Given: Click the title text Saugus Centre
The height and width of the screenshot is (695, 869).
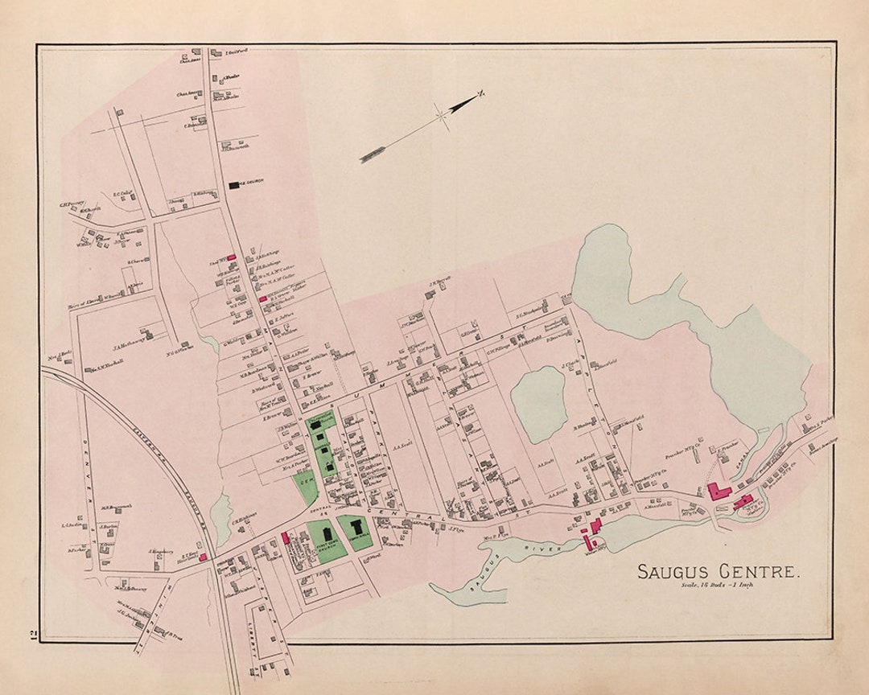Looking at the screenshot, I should [719, 572].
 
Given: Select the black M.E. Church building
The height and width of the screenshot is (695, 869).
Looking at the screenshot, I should [234, 185].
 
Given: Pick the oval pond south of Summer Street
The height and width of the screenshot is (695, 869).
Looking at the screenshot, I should [538, 405].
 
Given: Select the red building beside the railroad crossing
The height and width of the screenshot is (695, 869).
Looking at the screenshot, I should [204, 557].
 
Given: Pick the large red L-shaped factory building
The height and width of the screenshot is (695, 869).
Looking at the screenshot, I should [718, 491].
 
